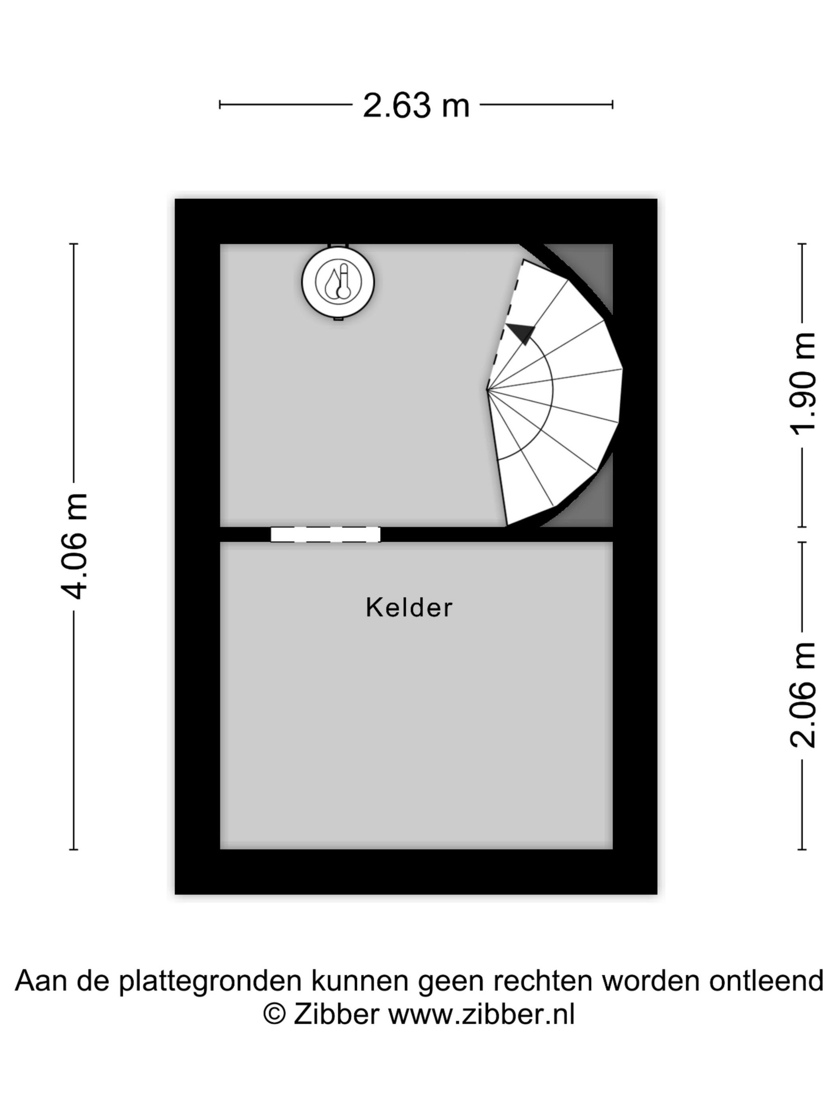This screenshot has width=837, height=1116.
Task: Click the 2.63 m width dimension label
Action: click(416, 106)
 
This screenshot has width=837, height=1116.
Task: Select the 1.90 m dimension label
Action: click(803, 383)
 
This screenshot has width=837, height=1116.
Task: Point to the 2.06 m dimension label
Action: click(803, 694)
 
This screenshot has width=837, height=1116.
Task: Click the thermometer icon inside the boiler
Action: click(344, 281)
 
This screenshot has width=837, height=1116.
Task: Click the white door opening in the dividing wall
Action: click(325, 534)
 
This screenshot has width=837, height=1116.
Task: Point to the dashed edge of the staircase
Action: click(505, 324)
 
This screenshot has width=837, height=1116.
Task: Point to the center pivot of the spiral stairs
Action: click(487, 389)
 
